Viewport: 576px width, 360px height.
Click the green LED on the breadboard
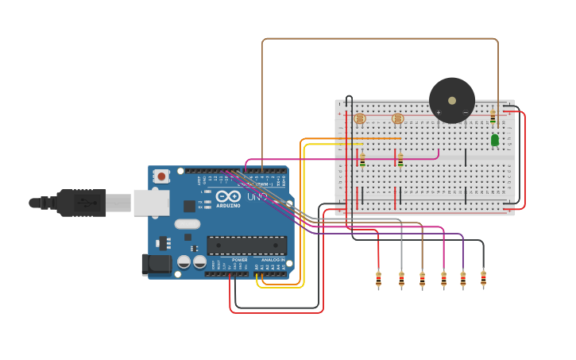494,140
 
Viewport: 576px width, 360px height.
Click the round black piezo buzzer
451,100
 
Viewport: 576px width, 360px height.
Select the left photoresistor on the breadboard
360,118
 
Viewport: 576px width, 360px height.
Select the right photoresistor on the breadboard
398,118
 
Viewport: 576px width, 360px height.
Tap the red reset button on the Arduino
162,176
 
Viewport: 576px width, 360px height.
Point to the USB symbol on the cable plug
82,203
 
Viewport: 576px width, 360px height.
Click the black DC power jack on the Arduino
157,265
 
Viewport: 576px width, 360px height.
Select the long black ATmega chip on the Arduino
246,246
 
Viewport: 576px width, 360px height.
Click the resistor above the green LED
493,117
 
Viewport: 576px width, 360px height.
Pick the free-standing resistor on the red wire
378,279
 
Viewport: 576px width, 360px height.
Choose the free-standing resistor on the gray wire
401,279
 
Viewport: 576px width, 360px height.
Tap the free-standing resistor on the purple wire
463,279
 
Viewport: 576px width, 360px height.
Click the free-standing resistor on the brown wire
422,279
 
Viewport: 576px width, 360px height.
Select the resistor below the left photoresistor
362,160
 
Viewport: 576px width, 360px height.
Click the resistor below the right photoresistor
400,160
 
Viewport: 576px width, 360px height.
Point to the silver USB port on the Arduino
151,203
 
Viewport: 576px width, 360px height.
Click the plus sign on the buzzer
438,112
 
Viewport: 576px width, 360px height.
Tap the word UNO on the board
257,196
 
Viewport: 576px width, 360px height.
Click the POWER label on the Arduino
239,260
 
